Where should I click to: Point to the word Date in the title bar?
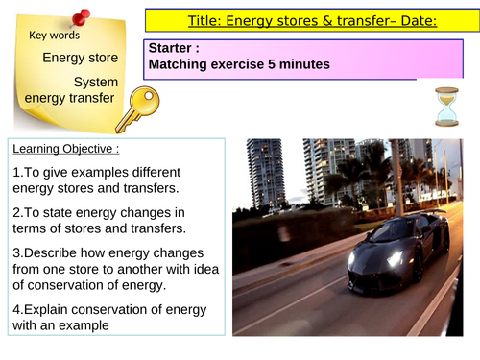click(408, 18)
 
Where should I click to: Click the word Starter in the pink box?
click(172, 47)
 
